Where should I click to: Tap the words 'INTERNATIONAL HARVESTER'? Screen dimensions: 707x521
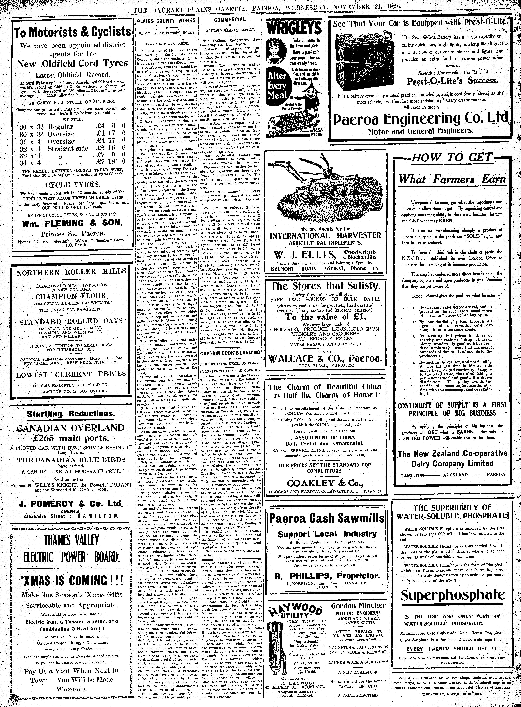pyautogui.click(x=325, y=235)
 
